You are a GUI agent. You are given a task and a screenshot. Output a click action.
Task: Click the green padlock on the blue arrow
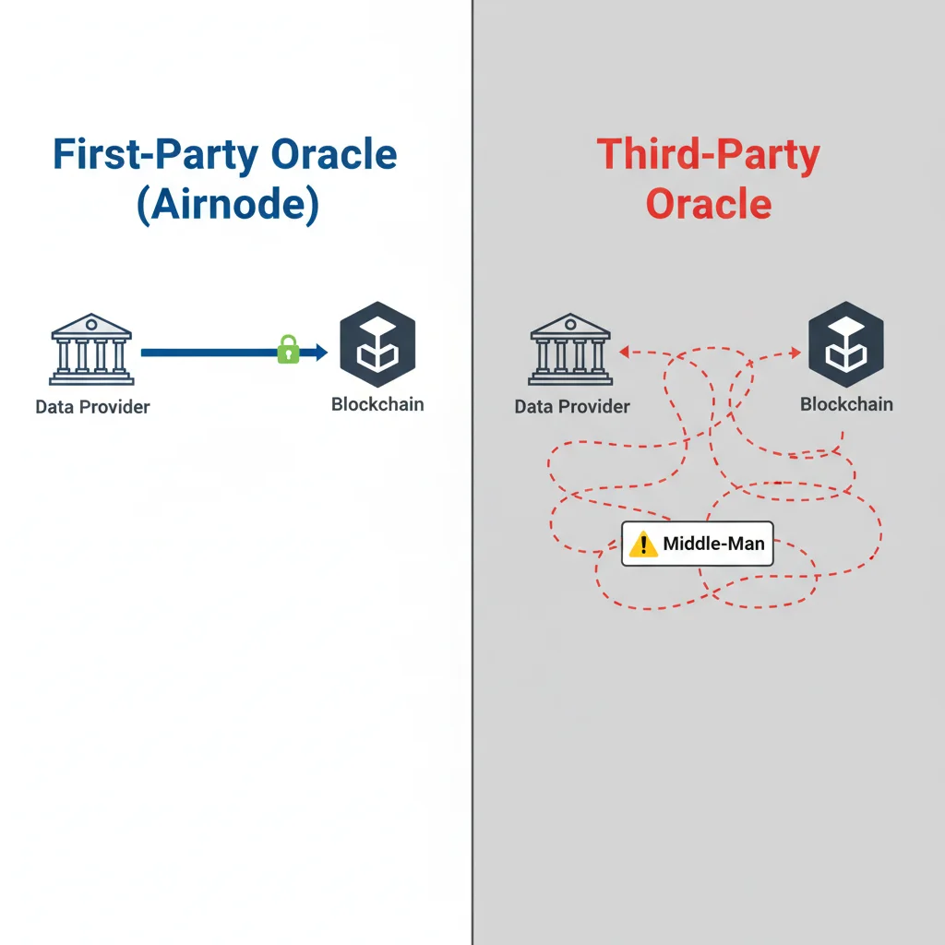pyautogui.click(x=289, y=350)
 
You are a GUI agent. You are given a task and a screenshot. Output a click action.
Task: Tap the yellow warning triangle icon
pyautogui.click(x=642, y=544)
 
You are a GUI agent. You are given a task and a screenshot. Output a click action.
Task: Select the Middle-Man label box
pyautogui.click(x=698, y=544)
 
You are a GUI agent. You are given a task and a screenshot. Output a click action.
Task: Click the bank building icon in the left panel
pyautogui.click(x=91, y=350)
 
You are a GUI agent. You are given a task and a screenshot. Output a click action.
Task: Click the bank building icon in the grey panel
pyautogui.click(x=570, y=350)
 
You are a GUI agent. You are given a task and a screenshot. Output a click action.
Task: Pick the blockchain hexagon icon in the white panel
pyautogui.click(x=377, y=344)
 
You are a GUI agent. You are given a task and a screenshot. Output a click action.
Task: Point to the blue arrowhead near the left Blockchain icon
pyautogui.click(x=320, y=352)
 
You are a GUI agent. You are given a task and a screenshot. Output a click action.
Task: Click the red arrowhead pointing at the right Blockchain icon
pyautogui.click(x=795, y=353)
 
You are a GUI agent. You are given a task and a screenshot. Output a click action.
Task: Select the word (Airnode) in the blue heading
pyautogui.click(x=227, y=204)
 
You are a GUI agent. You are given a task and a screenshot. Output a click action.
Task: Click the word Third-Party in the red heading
pyautogui.click(x=708, y=155)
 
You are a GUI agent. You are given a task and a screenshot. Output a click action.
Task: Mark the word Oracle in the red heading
pyautogui.click(x=708, y=203)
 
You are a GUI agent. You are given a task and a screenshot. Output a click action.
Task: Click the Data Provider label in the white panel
pyautogui.click(x=92, y=407)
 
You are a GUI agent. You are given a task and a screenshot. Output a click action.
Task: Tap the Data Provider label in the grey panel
pyautogui.click(x=572, y=406)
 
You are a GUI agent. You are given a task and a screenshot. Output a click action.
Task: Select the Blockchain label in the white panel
pyautogui.click(x=377, y=404)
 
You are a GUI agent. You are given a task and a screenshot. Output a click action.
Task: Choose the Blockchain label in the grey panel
pyautogui.click(x=846, y=404)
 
